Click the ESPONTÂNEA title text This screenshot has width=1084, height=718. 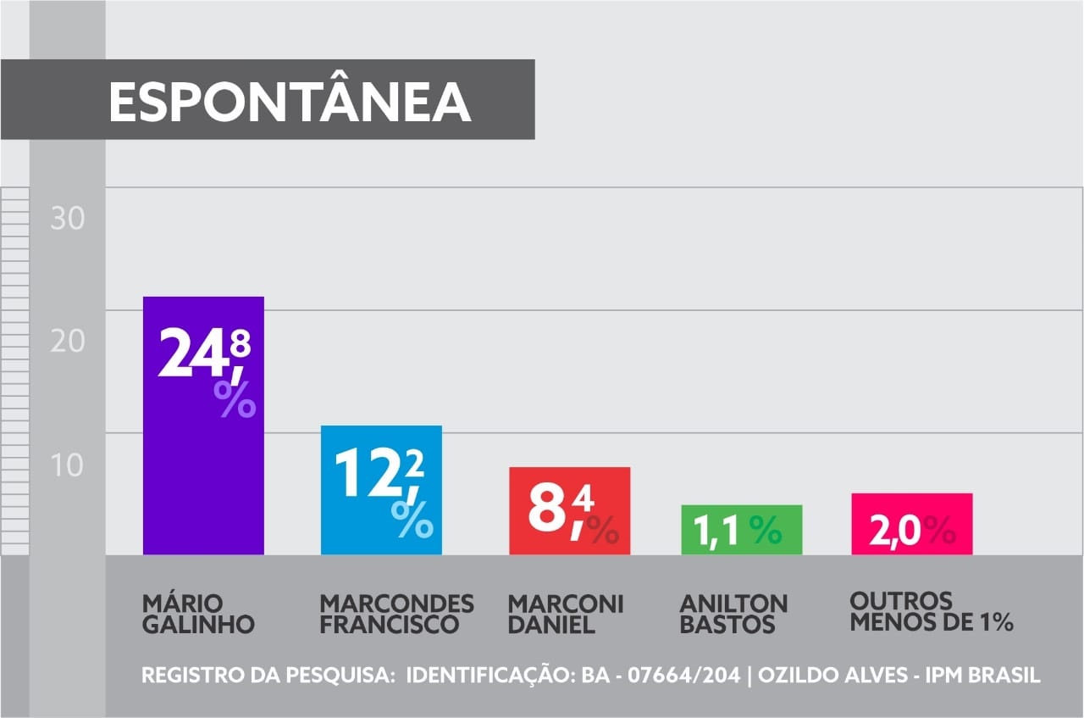click(x=290, y=103)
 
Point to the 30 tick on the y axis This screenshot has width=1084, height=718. click(x=68, y=219)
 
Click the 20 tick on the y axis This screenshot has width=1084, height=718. click(x=68, y=342)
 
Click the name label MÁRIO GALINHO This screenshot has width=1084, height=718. click(x=198, y=615)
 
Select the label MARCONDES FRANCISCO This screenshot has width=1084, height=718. click(x=396, y=615)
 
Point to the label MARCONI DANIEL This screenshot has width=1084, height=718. click(x=565, y=615)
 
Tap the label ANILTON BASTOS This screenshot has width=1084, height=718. click(x=733, y=615)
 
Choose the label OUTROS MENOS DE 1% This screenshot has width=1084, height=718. click(x=932, y=612)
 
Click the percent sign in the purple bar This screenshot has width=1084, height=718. click(x=235, y=399)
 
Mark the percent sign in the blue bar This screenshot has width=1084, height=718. click(x=412, y=518)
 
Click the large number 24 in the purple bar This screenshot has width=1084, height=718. click(x=192, y=353)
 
